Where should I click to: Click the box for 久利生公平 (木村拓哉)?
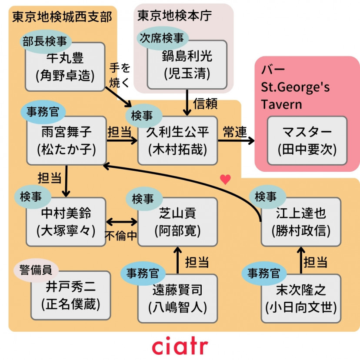click(x=177, y=141)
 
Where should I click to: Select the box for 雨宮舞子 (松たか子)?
click(x=67, y=141)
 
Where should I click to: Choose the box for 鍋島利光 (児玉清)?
click(x=187, y=65)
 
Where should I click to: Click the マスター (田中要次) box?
click(x=307, y=141)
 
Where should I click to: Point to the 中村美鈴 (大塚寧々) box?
click(x=66, y=222)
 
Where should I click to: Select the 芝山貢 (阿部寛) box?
click(x=177, y=222)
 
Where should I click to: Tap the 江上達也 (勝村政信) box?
click(x=301, y=222)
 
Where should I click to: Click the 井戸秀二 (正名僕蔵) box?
click(x=70, y=296)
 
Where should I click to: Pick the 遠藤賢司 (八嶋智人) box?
click(x=177, y=298)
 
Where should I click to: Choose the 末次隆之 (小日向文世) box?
click(x=301, y=298)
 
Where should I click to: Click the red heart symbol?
click(x=225, y=180)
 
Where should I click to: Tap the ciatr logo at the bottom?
click(x=180, y=347)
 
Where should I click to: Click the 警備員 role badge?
click(x=36, y=270)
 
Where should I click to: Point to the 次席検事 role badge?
click(x=160, y=38)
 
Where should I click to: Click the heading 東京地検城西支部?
click(x=62, y=17)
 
